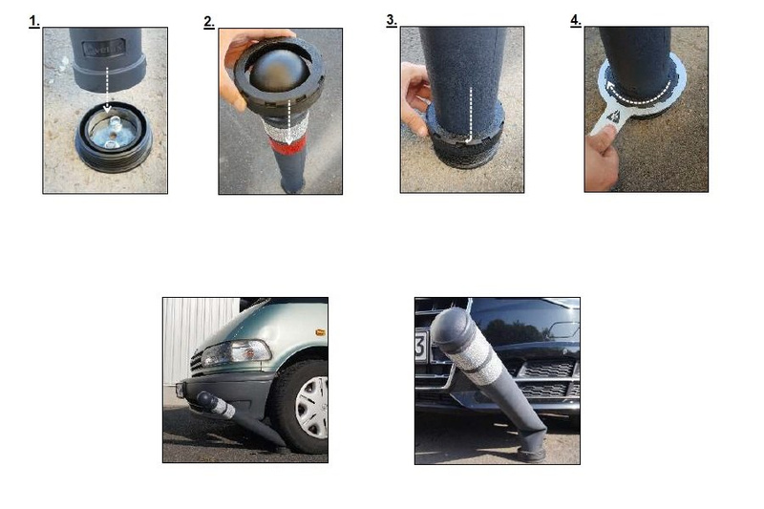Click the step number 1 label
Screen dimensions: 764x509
[34, 21]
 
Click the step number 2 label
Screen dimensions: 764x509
[209, 22]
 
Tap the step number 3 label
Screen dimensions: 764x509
[392, 20]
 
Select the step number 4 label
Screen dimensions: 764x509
[576, 20]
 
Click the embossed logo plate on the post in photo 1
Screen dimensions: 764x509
[104, 48]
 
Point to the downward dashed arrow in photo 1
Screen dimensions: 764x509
[107, 91]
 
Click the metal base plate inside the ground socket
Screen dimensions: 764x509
[113, 134]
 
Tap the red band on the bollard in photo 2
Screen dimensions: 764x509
[288, 144]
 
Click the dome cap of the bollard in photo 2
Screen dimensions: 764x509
[279, 68]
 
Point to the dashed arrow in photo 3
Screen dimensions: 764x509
[470, 116]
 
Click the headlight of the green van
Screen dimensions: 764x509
[236, 352]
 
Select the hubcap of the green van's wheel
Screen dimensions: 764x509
[312, 408]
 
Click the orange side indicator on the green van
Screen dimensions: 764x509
[320, 332]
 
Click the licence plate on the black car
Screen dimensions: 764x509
[421, 346]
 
